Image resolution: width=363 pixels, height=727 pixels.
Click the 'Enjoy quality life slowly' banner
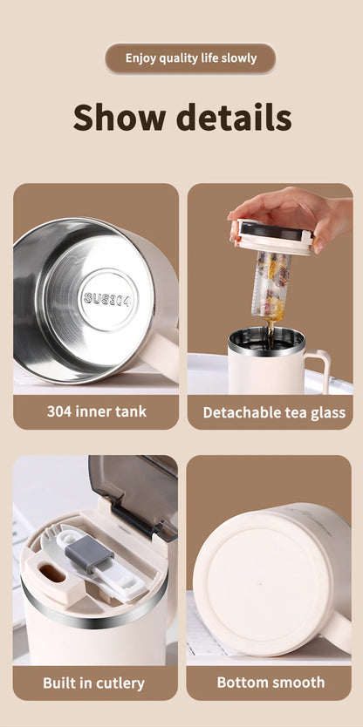[190, 58]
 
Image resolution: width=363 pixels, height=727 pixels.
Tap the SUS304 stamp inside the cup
[107, 299]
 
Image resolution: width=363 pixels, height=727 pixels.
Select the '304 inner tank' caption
[96, 411]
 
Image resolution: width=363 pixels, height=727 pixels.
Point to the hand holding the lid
[289, 210]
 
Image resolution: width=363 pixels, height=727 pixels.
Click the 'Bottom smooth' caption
[271, 682]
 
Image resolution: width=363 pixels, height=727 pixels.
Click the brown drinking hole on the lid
[50, 575]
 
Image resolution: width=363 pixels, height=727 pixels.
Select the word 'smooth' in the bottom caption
[297, 682]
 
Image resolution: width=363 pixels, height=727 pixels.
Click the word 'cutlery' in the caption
[121, 682]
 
